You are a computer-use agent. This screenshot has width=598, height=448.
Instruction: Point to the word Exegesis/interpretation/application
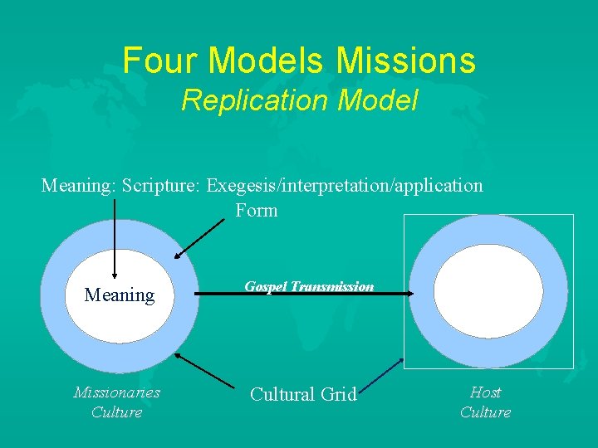pos(345,185)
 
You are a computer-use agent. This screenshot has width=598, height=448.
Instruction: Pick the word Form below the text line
pos(256,210)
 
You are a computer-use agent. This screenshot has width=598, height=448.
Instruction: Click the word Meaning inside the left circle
pos(120,295)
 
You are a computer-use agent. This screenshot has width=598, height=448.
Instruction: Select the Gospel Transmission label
pos(309,286)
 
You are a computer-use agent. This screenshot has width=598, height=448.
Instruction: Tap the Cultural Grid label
pos(303,395)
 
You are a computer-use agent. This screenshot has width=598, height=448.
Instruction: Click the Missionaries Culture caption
pos(116,402)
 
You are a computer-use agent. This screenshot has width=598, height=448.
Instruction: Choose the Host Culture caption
pos(485,402)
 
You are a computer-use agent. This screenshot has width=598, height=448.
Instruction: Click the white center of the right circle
pos(488,290)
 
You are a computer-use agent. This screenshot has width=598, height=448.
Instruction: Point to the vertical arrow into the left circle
pos(114,241)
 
